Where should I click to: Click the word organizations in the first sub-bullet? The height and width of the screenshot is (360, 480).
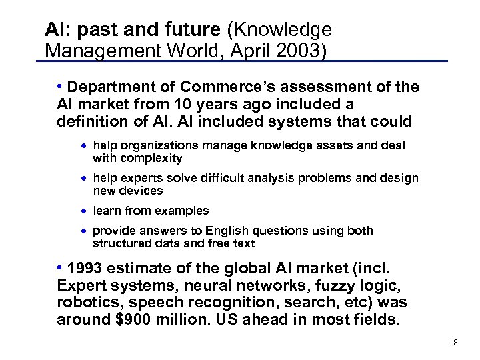pos(151,145)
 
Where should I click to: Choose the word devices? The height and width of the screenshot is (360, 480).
pos(141,191)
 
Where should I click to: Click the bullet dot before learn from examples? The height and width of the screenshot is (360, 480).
pos(85,211)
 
